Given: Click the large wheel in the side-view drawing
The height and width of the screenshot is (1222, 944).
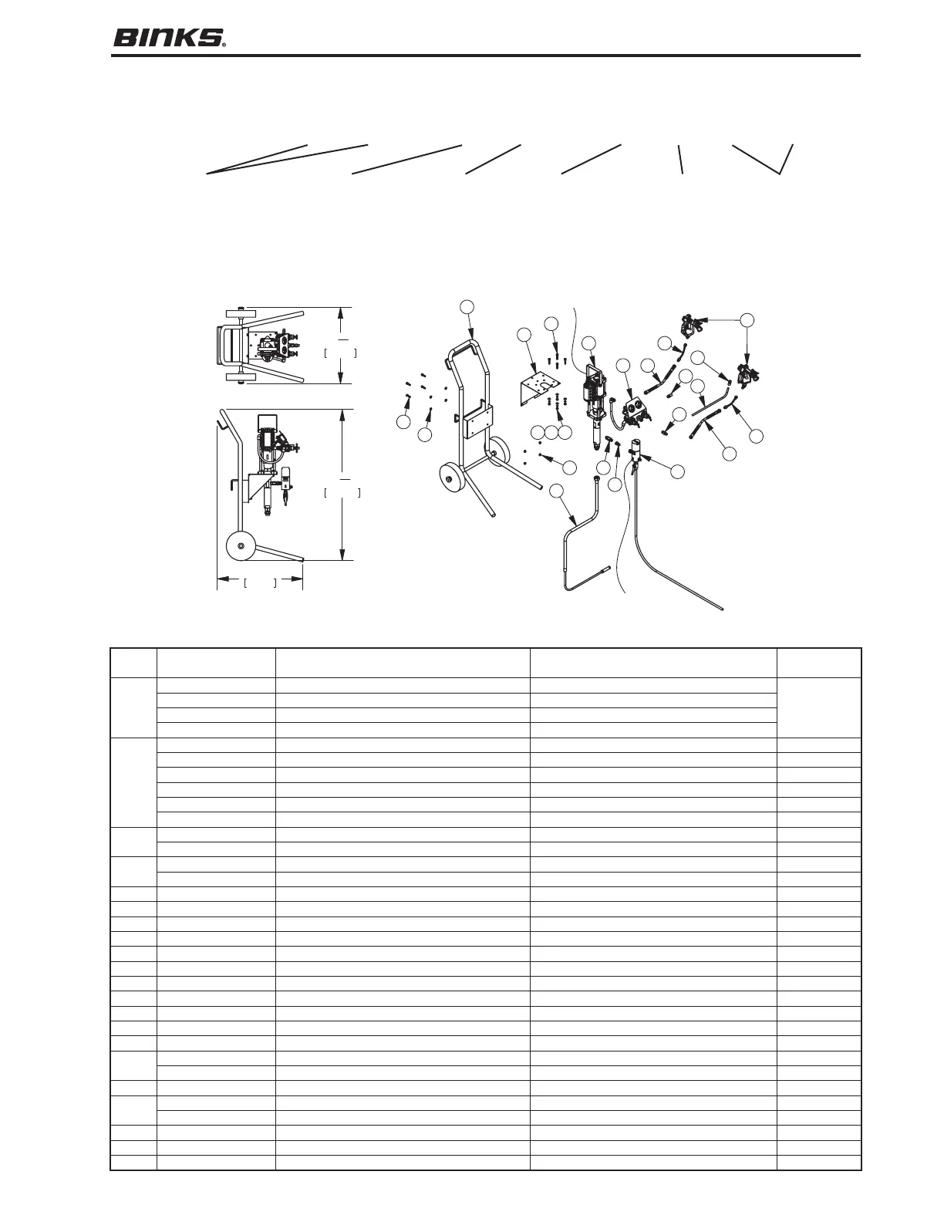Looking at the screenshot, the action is pos(241,546).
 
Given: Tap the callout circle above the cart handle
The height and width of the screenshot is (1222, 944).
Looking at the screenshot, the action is pos(467,306).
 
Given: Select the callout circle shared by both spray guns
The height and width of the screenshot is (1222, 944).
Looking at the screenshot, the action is pos(747,319).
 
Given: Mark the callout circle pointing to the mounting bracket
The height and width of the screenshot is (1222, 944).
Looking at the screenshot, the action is pos(524,334).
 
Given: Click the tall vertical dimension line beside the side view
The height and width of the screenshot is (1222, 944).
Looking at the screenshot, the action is pos(342,484).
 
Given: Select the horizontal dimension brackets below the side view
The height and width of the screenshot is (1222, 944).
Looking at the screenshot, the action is pos(260,582).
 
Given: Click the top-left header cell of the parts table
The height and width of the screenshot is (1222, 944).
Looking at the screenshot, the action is pos(133,663).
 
